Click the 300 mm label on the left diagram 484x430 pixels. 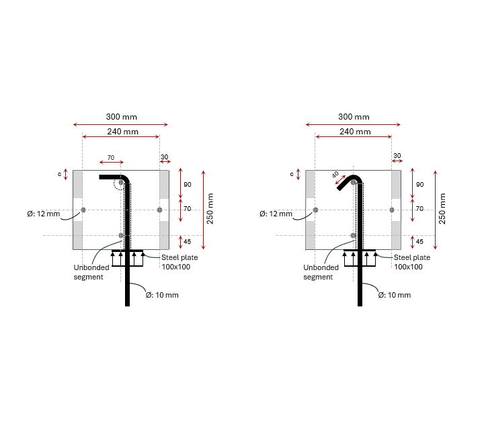[121, 117]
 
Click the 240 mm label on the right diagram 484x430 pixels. [355, 132]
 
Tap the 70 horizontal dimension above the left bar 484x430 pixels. [111, 158]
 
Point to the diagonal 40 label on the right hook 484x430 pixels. [335, 175]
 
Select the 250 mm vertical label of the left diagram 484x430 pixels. [210, 208]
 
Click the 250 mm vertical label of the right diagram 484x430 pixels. [442, 208]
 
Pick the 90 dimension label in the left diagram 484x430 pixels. [188, 185]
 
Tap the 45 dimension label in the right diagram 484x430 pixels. [419, 241]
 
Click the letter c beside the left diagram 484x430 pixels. [59, 174]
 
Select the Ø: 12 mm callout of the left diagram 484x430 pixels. [43, 214]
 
